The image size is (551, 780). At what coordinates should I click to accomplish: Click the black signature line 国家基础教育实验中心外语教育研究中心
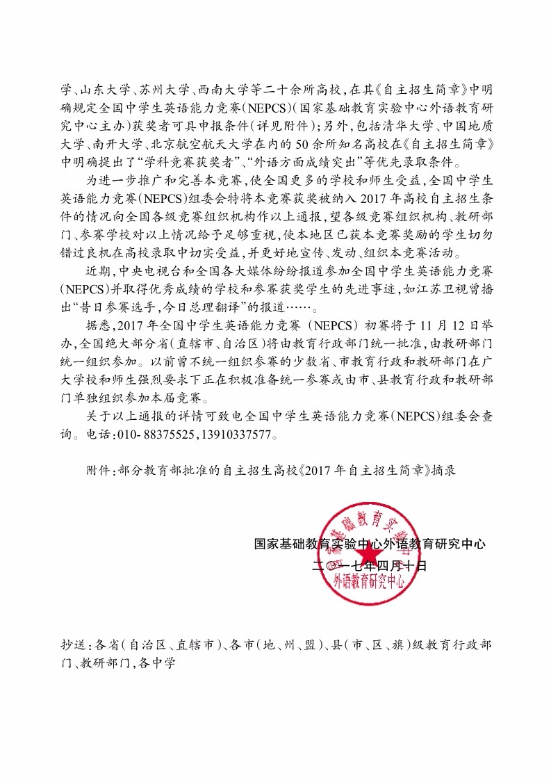click(x=370, y=545)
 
